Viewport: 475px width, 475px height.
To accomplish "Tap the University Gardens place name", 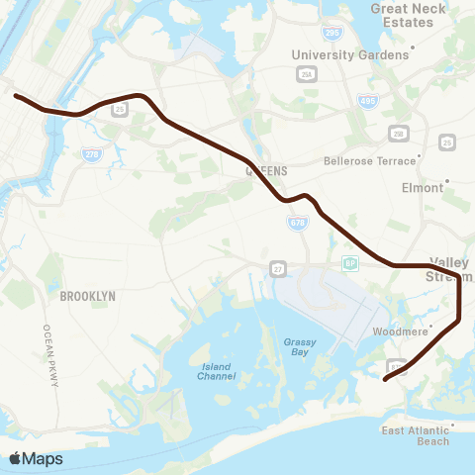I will click(349, 55).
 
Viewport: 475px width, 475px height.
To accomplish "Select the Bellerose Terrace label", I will click(369, 159).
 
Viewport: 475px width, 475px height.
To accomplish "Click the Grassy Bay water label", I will click(299, 347).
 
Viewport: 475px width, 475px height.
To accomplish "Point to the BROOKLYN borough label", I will click(87, 296).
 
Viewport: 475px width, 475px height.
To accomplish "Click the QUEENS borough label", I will click(266, 170).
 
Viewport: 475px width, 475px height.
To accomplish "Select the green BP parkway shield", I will click(349, 263).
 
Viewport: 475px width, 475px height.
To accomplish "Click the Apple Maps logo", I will click(36, 458).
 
